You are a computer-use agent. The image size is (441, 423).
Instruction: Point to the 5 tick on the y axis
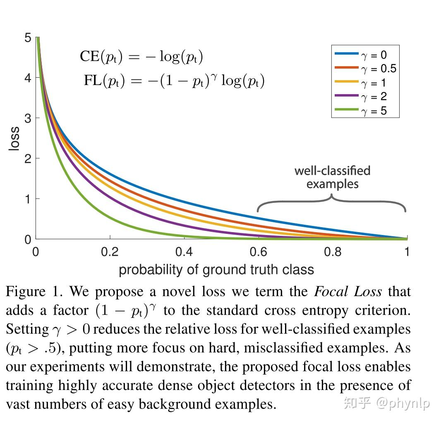tap(27, 38)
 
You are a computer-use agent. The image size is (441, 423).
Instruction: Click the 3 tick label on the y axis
tap(27, 118)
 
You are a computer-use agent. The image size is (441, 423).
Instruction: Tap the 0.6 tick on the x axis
tap(259, 252)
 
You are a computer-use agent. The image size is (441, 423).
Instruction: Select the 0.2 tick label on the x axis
tap(110, 252)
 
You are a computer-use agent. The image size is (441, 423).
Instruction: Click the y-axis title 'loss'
tap(14, 139)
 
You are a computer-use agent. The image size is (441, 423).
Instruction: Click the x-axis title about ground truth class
tap(216, 270)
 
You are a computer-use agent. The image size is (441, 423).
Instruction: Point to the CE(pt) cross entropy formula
tap(141, 57)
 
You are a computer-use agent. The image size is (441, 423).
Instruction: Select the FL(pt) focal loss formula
tap(174, 80)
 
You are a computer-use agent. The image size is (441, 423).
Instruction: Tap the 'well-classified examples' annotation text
tap(332, 177)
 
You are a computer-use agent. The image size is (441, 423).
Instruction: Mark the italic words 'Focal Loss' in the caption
tap(348, 292)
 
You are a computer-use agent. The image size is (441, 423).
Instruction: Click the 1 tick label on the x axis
tap(407, 252)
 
